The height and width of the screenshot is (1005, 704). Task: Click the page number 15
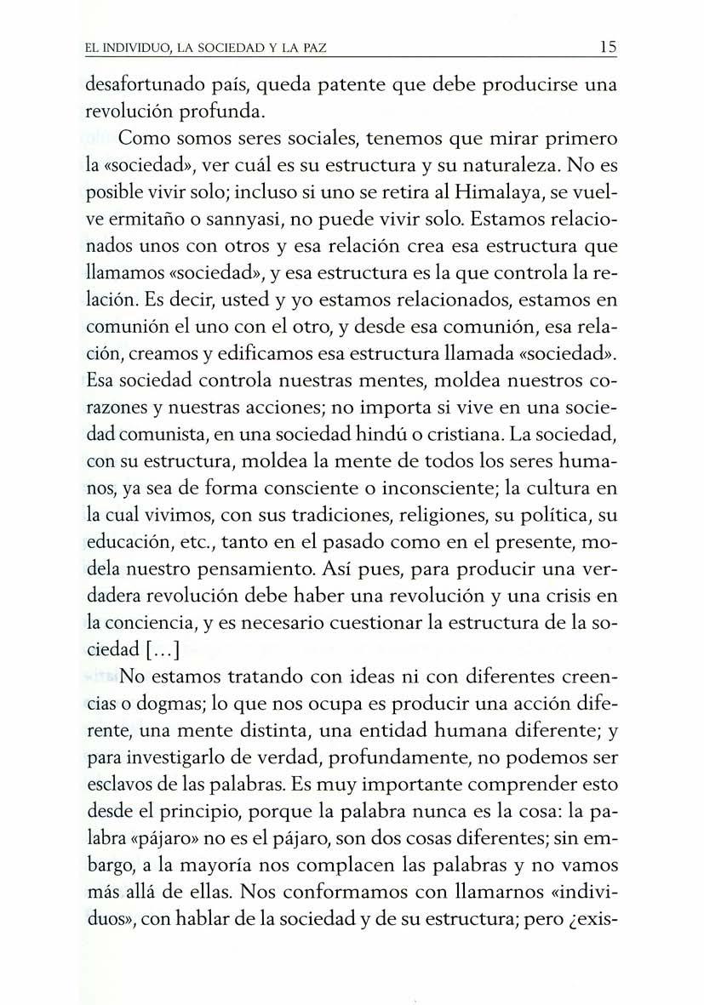[x=607, y=49]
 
